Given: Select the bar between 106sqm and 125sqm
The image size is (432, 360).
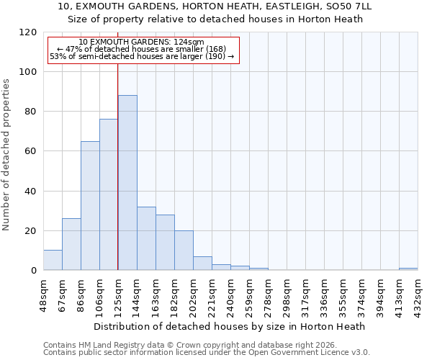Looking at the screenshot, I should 109,194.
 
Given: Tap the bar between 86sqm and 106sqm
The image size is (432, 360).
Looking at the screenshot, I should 90,205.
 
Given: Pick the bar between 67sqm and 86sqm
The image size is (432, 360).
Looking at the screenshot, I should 71,244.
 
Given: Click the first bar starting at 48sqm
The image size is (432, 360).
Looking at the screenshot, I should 53,260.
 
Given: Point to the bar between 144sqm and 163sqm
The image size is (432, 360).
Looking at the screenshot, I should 146,238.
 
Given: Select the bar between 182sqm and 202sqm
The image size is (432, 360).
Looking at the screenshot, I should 184,251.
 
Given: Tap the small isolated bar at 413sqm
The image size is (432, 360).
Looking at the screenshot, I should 408,269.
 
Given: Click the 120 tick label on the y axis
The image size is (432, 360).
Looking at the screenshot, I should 28,32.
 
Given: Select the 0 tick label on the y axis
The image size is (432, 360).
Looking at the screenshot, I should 33,270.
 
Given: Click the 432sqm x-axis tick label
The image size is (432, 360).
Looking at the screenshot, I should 418,293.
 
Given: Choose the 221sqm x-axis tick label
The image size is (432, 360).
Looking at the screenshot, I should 212,293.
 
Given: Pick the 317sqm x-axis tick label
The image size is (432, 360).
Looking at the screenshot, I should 305,293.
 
